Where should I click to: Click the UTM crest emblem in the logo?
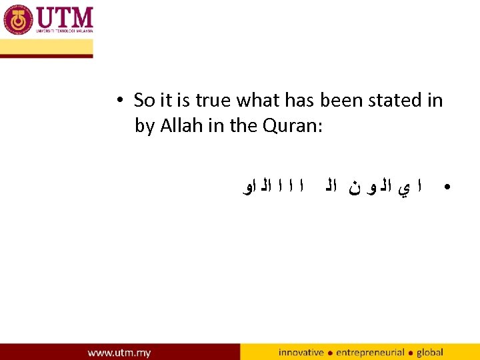(x=18, y=19)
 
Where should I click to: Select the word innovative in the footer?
(x=301, y=352)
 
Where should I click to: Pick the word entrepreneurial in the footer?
(x=371, y=352)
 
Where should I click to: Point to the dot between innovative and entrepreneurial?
(x=330, y=353)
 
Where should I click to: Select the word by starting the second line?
(x=144, y=127)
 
